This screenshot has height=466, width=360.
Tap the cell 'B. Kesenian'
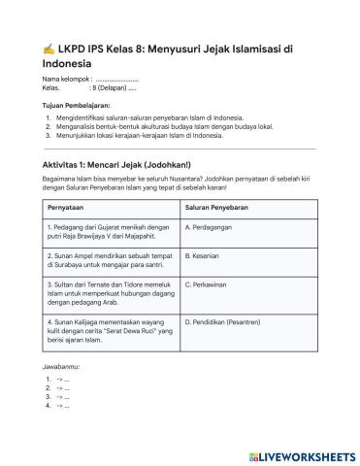click(206, 255)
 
